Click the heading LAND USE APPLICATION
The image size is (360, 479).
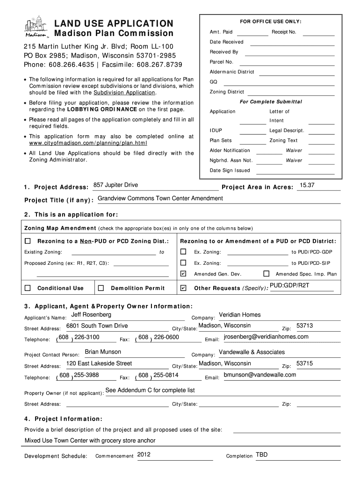(x=114, y=23)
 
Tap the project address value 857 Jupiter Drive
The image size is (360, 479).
(x=115, y=185)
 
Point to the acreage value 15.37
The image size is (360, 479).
(x=307, y=186)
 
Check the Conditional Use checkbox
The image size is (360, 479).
(x=28, y=288)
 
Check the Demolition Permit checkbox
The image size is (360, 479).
(x=101, y=288)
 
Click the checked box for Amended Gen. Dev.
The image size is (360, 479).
(x=183, y=274)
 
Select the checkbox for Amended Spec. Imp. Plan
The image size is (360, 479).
(x=266, y=274)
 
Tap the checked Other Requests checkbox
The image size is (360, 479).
(x=183, y=288)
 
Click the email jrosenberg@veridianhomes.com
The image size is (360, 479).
(x=266, y=337)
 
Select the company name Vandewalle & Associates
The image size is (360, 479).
(x=252, y=352)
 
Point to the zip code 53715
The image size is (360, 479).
(x=304, y=363)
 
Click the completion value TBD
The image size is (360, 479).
(x=262, y=455)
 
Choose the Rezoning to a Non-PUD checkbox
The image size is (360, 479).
(x=28, y=241)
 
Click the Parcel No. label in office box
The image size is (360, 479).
(x=221, y=62)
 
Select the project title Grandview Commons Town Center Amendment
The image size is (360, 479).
(x=160, y=198)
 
